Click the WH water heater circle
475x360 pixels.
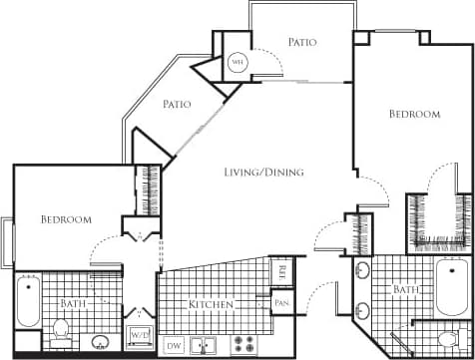point(237,62)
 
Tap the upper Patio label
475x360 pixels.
point(302,42)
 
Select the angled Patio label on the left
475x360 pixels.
point(178,103)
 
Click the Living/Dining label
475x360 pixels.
point(263,173)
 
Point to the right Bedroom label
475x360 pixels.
point(414,115)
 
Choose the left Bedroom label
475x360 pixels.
point(66,219)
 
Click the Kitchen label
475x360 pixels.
point(212,303)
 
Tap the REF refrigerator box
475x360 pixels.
point(282,269)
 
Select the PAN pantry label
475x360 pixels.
point(282,302)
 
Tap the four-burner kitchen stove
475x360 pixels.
point(243,344)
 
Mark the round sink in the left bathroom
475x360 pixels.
point(101,343)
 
